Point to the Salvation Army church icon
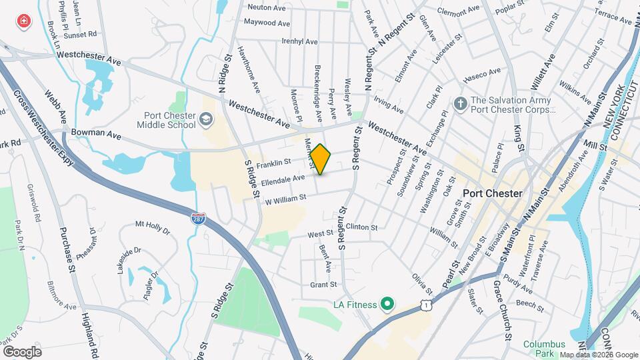[x=459, y=103]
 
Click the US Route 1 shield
[x=425, y=305]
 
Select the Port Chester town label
[x=492, y=193]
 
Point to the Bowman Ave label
[x=96, y=134]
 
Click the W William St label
[x=285, y=198]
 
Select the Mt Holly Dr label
[x=153, y=227]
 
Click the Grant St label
[x=323, y=285]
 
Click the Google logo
[x=22, y=351]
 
